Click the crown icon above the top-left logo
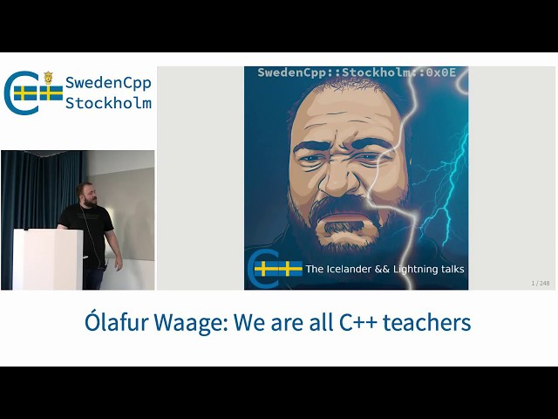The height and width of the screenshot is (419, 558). pos(48,78)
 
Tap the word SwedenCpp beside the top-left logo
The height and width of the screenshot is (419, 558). pos(108,83)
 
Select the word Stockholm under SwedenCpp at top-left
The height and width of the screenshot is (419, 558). pos(108,103)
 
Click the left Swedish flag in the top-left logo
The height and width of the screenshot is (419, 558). pos(25,93)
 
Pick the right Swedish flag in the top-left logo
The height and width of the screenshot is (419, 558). pos(51,93)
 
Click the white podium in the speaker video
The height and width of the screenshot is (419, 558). pos(48,259)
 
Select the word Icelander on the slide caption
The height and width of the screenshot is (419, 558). pos(361,269)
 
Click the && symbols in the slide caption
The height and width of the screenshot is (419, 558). pos(400,269)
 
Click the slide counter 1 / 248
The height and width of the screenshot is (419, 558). pos(541,283)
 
